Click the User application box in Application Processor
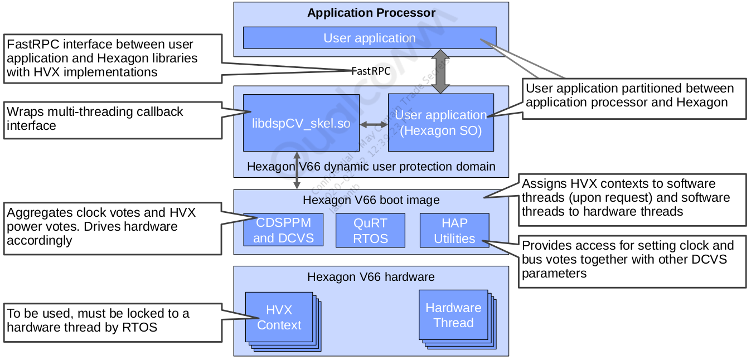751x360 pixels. click(x=369, y=38)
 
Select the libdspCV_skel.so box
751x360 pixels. click(x=301, y=123)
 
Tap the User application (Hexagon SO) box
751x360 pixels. click(x=440, y=123)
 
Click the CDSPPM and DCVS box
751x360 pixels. click(x=283, y=230)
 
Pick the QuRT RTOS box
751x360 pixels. click(x=370, y=230)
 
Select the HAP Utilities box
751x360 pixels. click(x=454, y=230)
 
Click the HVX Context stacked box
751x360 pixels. click(x=279, y=317)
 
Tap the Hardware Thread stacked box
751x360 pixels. click(x=453, y=315)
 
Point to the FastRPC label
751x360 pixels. click(x=371, y=71)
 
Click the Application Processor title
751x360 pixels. click(x=371, y=13)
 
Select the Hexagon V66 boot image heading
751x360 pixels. click(x=371, y=200)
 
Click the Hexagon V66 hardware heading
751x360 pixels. click(x=371, y=277)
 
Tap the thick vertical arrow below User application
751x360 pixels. click(x=440, y=71)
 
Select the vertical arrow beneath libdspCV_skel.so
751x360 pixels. click(x=297, y=170)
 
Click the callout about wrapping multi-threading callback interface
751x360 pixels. click(x=112, y=119)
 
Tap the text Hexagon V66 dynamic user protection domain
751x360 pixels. click(x=371, y=166)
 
